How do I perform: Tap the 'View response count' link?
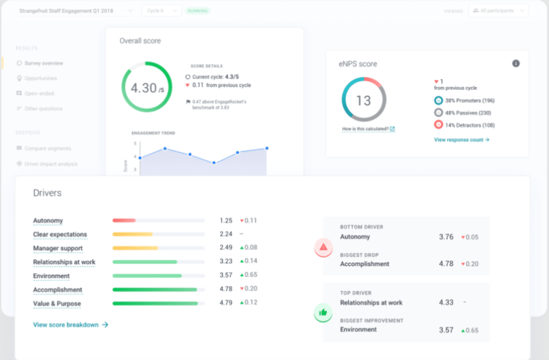click(x=462, y=140)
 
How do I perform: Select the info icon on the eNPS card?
click(x=516, y=64)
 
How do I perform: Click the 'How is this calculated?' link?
click(x=368, y=129)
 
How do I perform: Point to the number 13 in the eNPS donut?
click(x=363, y=101)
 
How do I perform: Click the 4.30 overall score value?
click(x=144, y=88)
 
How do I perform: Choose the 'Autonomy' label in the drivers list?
click(x=48, y=221)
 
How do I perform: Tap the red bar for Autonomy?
click(x=124, y=221)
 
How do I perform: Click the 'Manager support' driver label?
click(x=57, y=248)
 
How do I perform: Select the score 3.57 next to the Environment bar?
click(x=226, y=275)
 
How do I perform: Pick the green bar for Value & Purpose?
click(x=155, y=304)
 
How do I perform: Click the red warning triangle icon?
click(x=323, y=248)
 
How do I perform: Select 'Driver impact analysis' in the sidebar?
click(x=51, y=164)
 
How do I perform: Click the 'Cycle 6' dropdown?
click(x=161, y=11)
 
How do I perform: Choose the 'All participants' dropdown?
click(x=498, y=11)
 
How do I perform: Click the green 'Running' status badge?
click(x=198, y=11)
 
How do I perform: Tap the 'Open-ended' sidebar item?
click(x=39, y=94)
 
